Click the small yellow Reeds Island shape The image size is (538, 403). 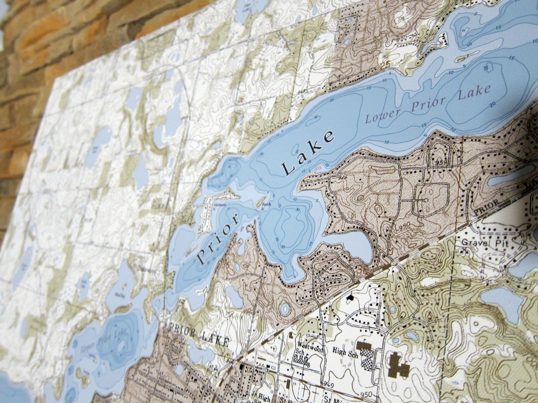[x=258, y=202]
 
